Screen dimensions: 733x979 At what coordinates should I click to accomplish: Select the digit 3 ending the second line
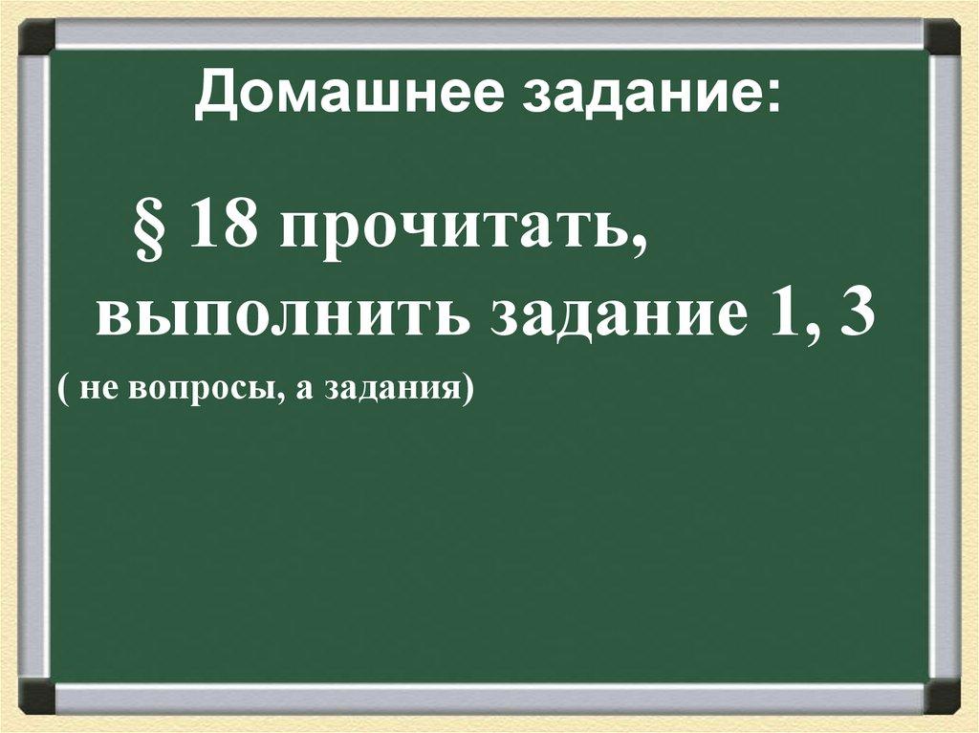[854, 315]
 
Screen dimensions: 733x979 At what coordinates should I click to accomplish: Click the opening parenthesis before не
[62, 392]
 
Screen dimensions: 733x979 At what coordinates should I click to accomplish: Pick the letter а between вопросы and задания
[300, 393]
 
